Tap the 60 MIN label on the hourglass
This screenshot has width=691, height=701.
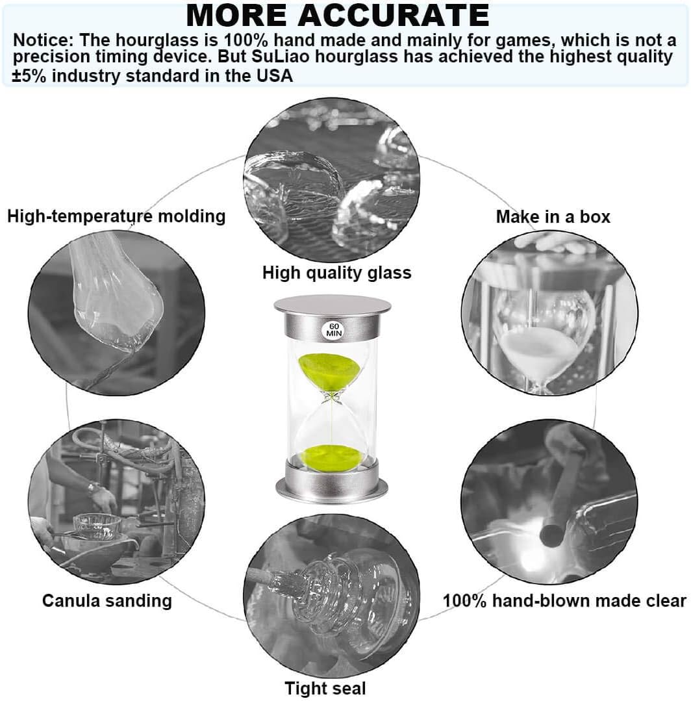click(x=333, y=330)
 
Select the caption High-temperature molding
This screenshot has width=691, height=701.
click(x=116, y=216)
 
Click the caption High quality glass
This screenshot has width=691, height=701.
click(x=336, y=273)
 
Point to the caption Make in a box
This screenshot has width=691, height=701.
click(x=553, y=217)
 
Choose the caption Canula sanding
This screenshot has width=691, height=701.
click(x=107, y=600)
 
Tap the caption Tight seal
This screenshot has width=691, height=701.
click(x=325, y=689)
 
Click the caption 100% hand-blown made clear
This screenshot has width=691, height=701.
click(x=564, y=600)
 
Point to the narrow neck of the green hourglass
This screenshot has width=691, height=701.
click(x=332, y=396)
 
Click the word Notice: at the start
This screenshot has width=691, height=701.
click(x=43, y=40)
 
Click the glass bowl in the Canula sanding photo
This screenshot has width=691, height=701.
click(x=97, y=526)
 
